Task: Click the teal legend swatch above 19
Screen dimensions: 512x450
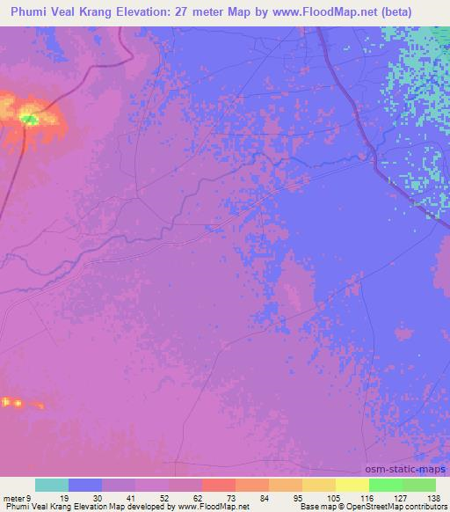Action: [x=52, y=485]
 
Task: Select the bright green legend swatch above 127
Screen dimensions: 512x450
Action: [x=386, y=485]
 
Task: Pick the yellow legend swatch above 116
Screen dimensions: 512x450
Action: [x=352, y=485]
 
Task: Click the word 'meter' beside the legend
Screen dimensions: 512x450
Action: [x=15, y=497]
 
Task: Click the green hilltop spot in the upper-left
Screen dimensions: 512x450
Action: [x=29, y=119]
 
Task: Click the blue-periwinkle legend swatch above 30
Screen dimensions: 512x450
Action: [x=85, y=485]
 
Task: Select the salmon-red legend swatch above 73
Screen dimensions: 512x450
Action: [x=219, y=485]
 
